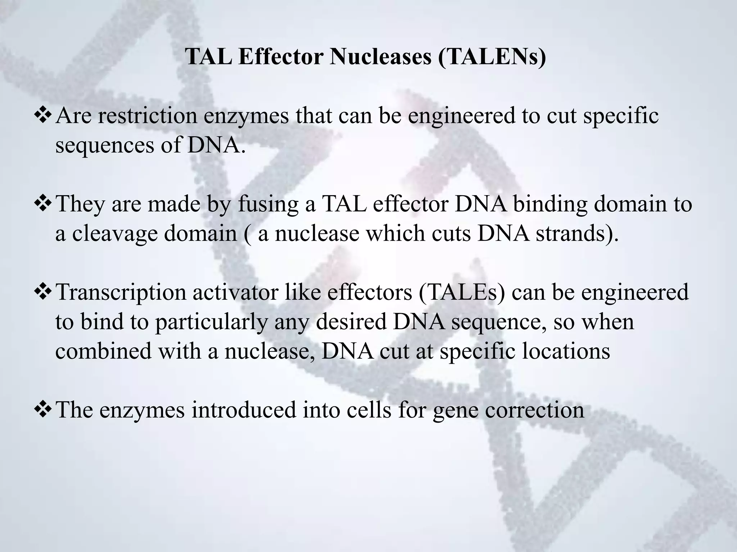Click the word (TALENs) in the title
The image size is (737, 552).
492,57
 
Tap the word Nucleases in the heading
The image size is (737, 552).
380,56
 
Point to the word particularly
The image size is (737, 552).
212,321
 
